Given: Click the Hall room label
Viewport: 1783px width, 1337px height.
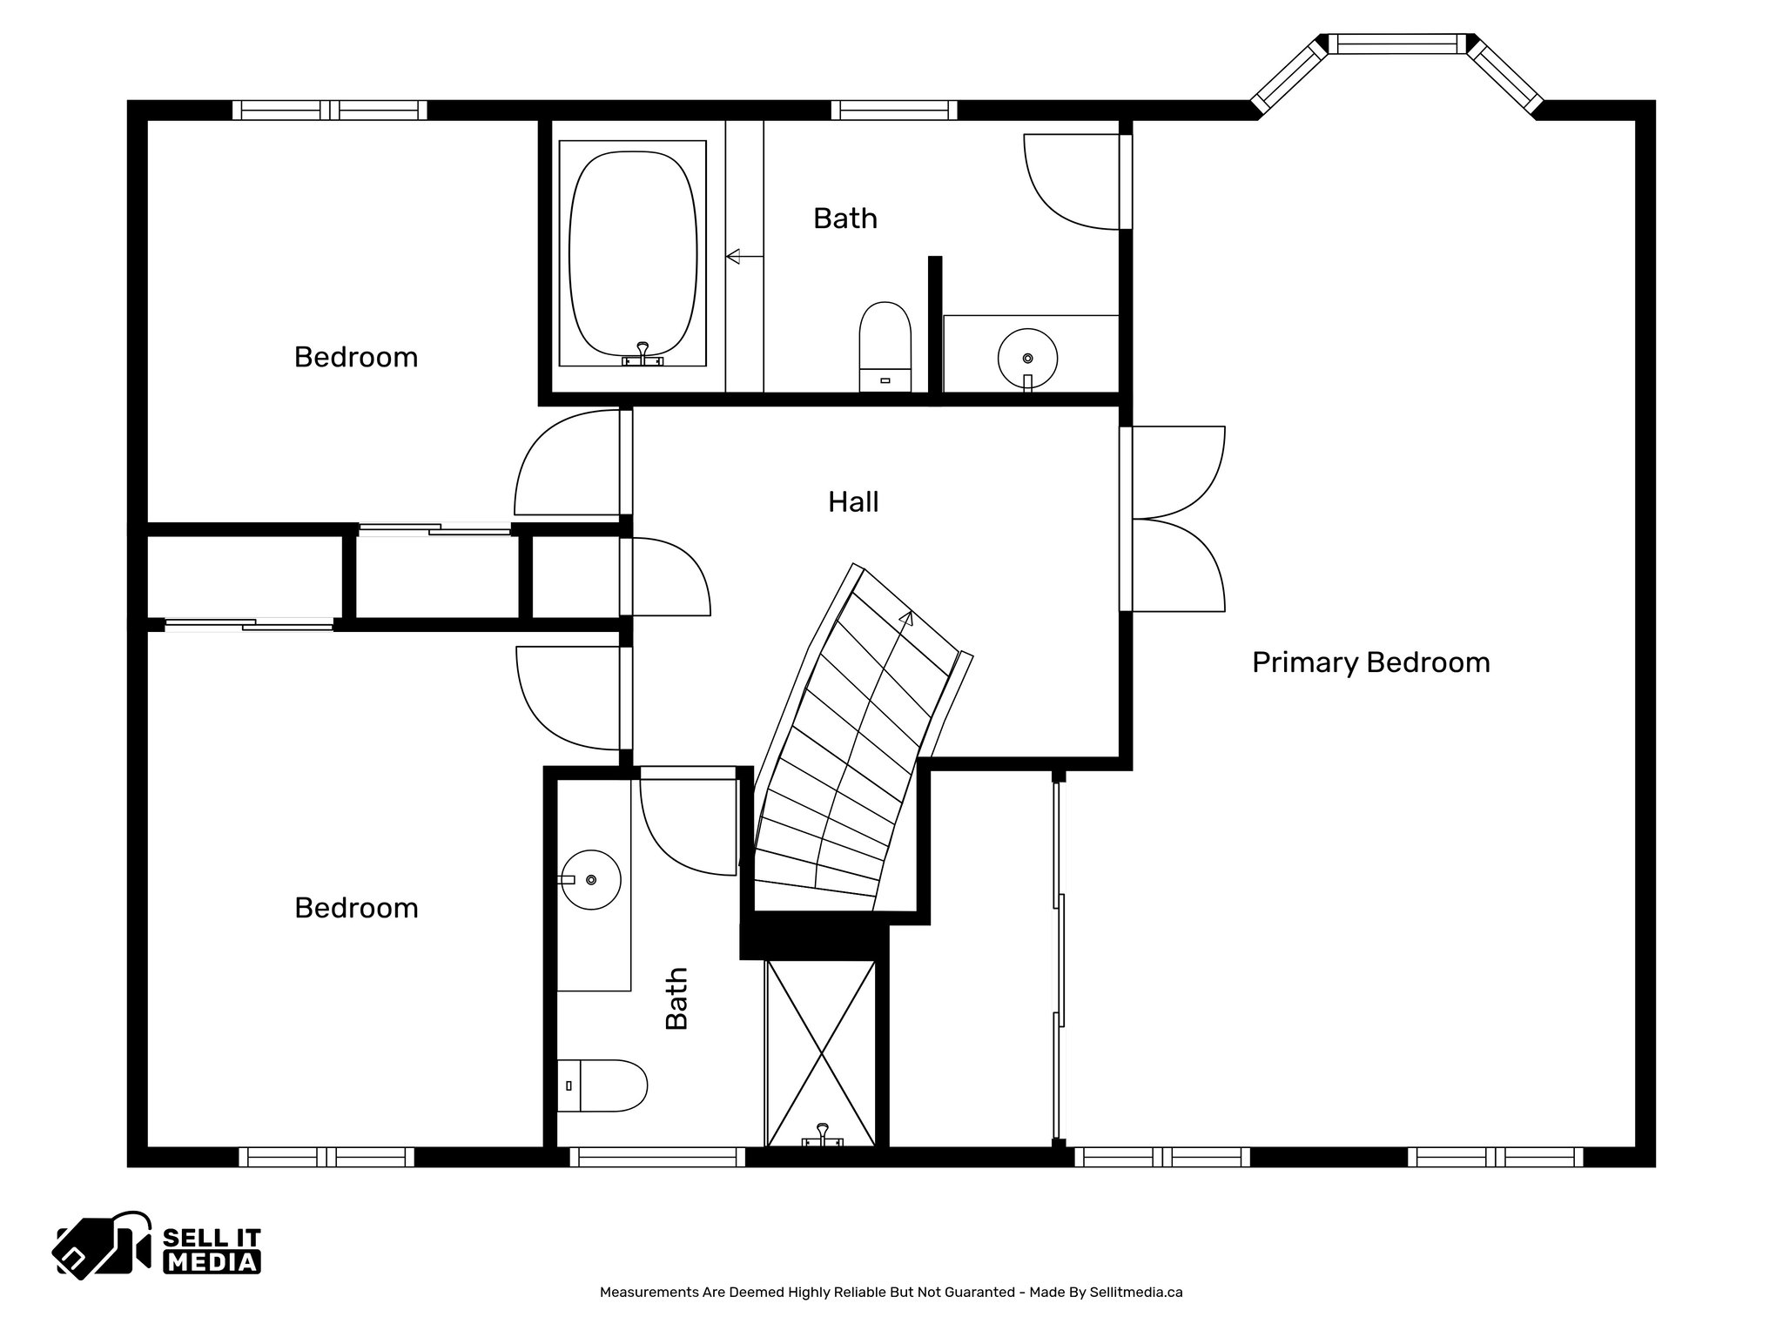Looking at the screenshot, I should coord(852,502).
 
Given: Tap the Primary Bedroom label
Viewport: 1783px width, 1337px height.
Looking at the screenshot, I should coord(1370,663).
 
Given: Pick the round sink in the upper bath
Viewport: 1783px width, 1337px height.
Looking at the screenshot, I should coord(1027,358).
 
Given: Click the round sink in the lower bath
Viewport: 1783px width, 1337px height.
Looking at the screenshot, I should coord(590,880).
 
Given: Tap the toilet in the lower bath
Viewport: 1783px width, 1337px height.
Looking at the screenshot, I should coord(602,1085).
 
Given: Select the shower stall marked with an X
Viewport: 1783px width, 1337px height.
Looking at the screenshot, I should coord(821,1053).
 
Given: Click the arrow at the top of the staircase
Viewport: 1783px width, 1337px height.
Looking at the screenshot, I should coord(906,619).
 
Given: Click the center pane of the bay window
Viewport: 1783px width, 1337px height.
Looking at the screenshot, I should coord(1396,44).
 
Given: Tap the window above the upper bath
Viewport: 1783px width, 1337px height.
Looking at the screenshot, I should coord(894,111).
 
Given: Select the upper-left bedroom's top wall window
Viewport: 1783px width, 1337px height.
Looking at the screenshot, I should coord(330,111).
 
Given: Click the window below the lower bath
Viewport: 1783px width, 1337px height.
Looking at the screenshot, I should coord(658,1157).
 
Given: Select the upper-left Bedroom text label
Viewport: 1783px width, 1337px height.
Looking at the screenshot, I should coord(355,358).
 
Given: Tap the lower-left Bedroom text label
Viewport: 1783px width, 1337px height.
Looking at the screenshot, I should coord(355,909).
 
